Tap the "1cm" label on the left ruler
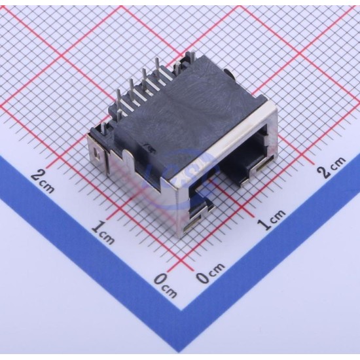click(x=103, y=233)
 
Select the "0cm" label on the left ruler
click(x=165, y=286)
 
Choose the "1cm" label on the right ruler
click(x=272, y=219)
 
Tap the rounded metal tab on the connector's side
click(x=127, y=161)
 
